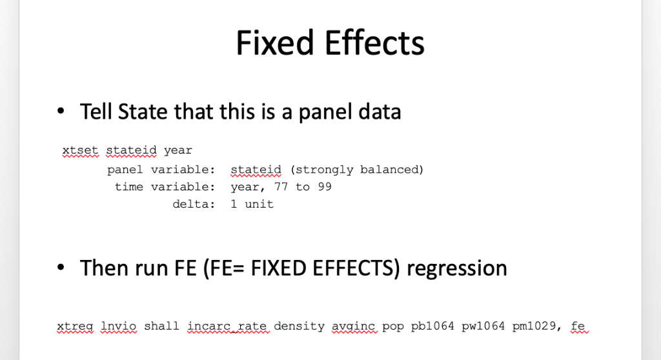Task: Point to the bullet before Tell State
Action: pyautogui.click(x=61, y=111)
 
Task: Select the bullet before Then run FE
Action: pyautogui.click(x=61, y=267)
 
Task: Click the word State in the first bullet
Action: pyautogui.click(x=143, y=112)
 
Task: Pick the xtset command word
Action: pyautogui.click(x=80, y=150)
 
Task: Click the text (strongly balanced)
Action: pyautogui.click(x=356, y=170)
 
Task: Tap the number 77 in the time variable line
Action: pyautogui.click(x=281, y=186)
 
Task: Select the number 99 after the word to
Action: pyautogui.click(x=325, y=186)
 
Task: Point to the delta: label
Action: pyautogui.click(x=194, y=204)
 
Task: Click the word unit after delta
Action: pyautogui.click(x=259, y=204)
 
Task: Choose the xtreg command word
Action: pyautogui.click(x=75, y=326)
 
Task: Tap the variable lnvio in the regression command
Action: pyautogui.click(x=119, y=326)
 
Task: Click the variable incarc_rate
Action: pyautogui.click(x=227, y=326)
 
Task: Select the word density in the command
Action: pyautogui.click(x=300, y=326)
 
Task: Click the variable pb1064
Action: pyautogui.click(x=432, y=326)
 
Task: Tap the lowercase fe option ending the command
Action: pyautogui.click(x=578, y=326)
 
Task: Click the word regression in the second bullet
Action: pyautogui.click(x=456, y=268)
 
